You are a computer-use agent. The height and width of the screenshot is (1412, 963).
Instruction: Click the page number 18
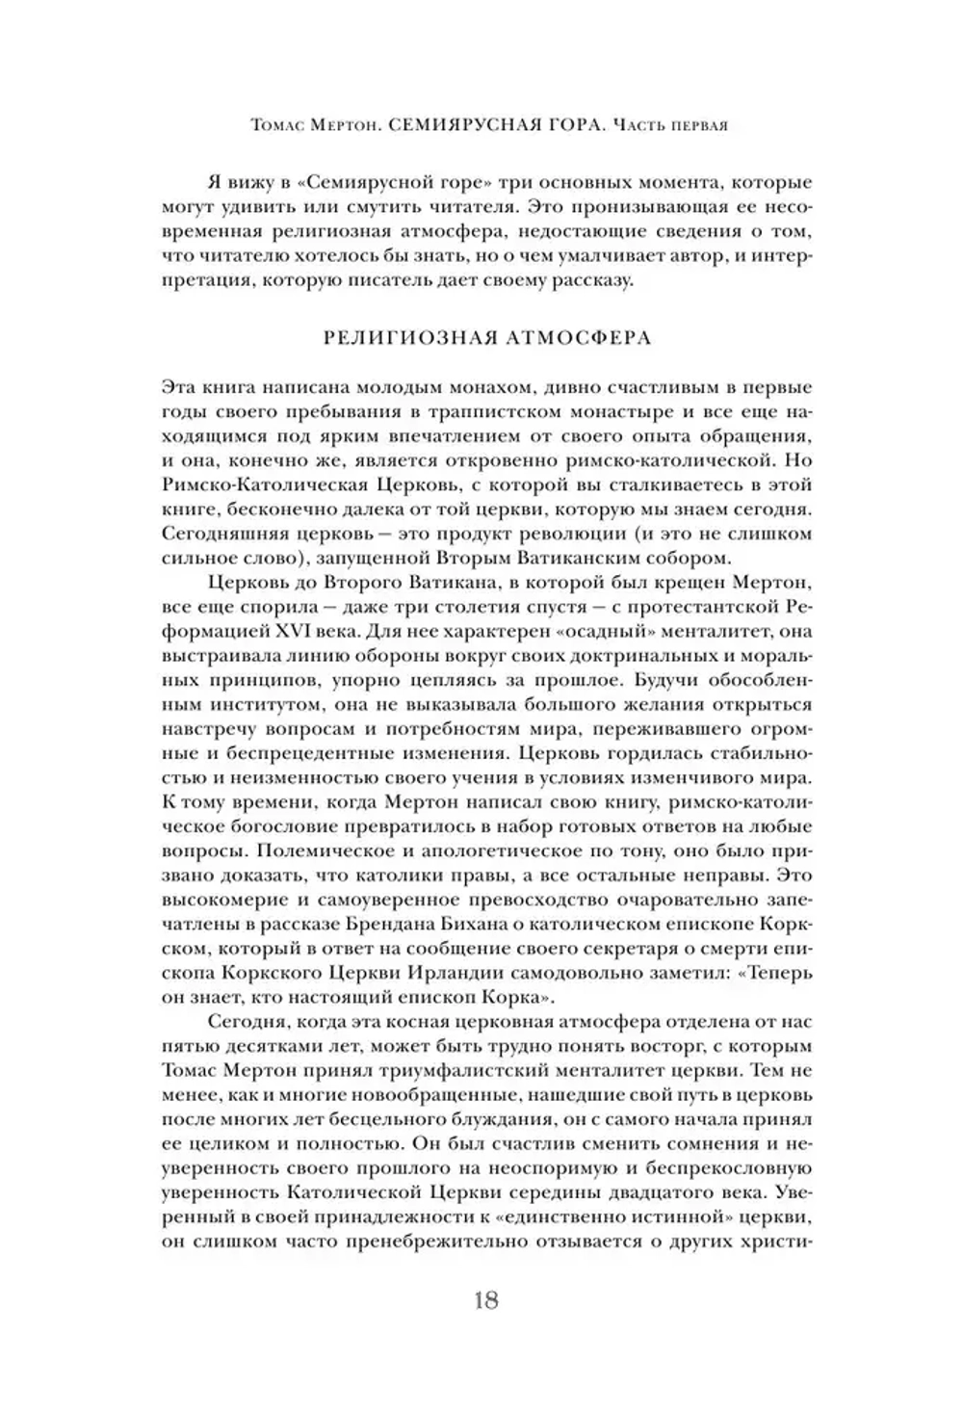(485, 1299)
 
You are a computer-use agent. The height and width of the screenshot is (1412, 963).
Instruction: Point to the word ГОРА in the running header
(558, 125)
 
